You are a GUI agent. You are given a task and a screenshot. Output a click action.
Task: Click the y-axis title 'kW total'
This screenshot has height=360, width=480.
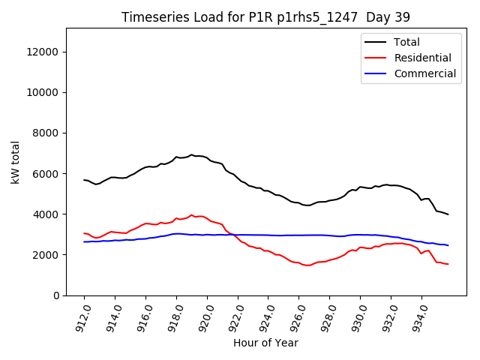(16, 162)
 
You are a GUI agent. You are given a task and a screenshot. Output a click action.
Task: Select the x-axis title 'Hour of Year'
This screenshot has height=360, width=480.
(265, 343)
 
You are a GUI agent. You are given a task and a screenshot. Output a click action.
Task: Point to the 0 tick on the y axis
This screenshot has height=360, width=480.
(57, 295)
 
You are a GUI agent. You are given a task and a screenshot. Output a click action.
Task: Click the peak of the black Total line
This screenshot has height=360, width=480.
(191, 154)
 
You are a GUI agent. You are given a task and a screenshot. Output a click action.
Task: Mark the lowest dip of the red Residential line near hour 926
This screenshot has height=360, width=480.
(307, 265)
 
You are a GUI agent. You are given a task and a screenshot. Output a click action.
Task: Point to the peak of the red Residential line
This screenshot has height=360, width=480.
(191, 214)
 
